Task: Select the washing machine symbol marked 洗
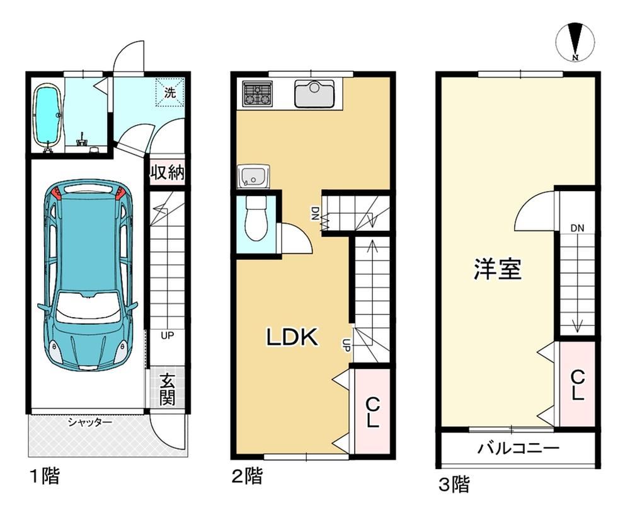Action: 170,93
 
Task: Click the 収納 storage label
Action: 168,173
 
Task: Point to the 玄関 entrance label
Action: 167,389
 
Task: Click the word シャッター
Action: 89,422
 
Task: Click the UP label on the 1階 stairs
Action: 167,335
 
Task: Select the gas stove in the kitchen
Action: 258,93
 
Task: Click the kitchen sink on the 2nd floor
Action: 314,94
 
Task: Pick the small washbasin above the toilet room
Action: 253,176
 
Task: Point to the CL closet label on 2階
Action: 373,412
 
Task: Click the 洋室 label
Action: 498,269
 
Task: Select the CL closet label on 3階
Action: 577,385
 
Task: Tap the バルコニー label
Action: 518,448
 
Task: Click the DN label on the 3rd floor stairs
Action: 577,228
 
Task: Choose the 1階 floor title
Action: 45,476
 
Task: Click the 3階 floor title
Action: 454,484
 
